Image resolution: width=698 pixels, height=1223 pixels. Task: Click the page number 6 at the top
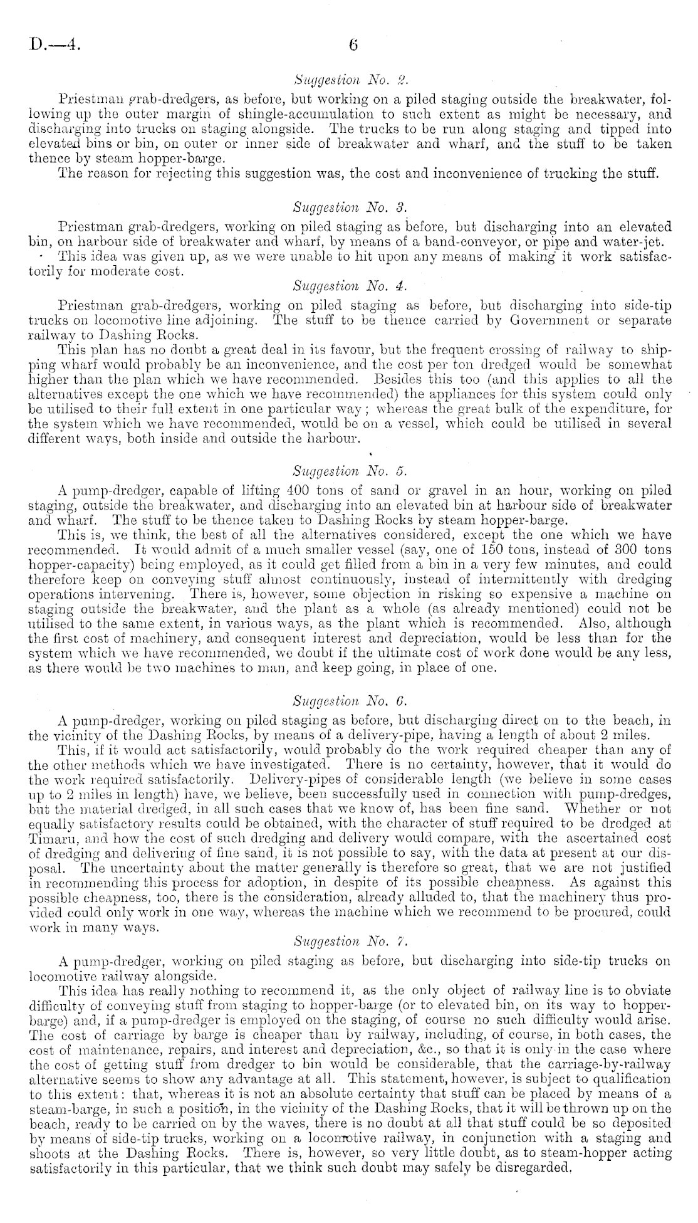(x=353, y=45)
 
